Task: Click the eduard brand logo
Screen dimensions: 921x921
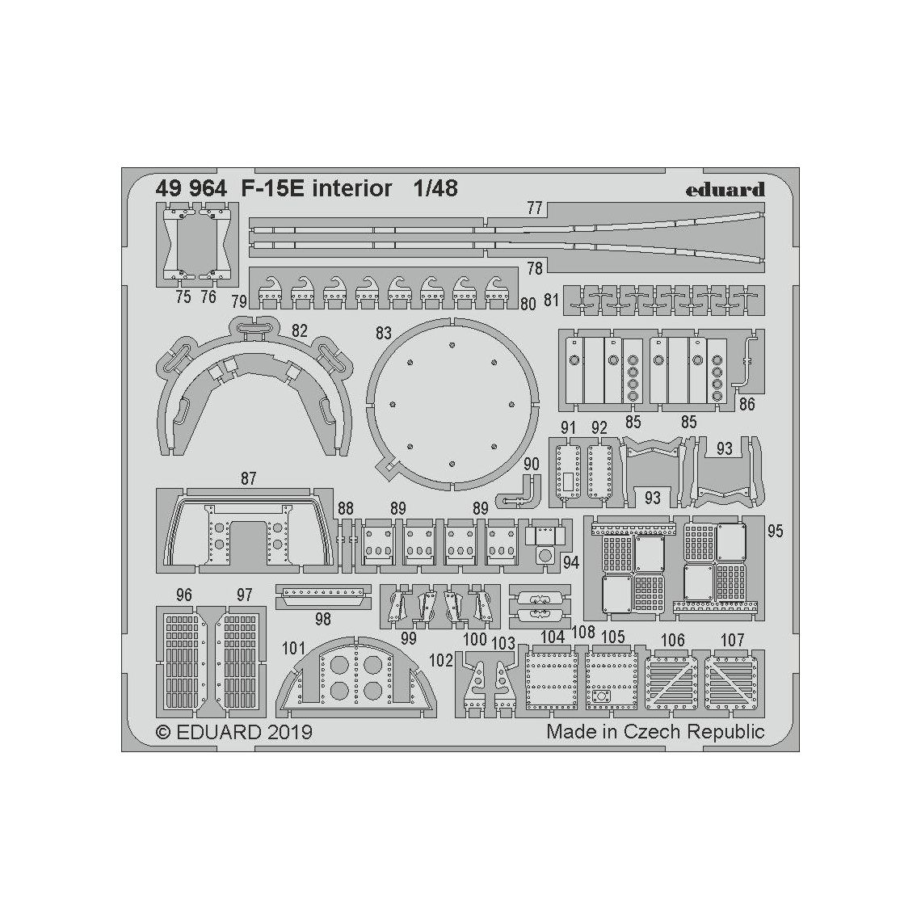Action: [x=725, y=190]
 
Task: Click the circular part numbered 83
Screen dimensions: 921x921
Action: [x=452, y=404]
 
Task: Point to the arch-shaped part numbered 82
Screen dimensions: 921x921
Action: [x=254, y=380]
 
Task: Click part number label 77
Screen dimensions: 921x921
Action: [x=534, y=208]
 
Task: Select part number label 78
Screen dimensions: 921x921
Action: [x=534, y=267]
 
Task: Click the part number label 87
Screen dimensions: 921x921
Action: [x=248, y=479]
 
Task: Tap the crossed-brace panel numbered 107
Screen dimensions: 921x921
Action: [x=733, y=680]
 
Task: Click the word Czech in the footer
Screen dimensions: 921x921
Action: [x=654, y=732]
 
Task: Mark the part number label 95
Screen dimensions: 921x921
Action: [x=776, y=531]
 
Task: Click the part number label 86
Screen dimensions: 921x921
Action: [x=746, y=403]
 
